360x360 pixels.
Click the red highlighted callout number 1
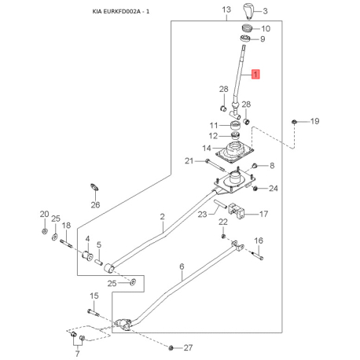pos(254,75)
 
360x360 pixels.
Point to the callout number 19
pos(314,121)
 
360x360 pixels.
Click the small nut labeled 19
pos(294,122)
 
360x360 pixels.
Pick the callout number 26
pos(95,204)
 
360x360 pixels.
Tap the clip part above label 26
pos(92,187)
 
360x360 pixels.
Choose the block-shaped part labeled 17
pos(241,212)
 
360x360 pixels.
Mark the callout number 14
pos(206,148)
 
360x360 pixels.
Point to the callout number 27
pos(187,347)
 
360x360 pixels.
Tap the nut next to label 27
pos(171,347)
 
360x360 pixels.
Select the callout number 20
pos(44,215)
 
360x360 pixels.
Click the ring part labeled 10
pos(244,29)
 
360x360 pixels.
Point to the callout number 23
pos(202,214)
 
